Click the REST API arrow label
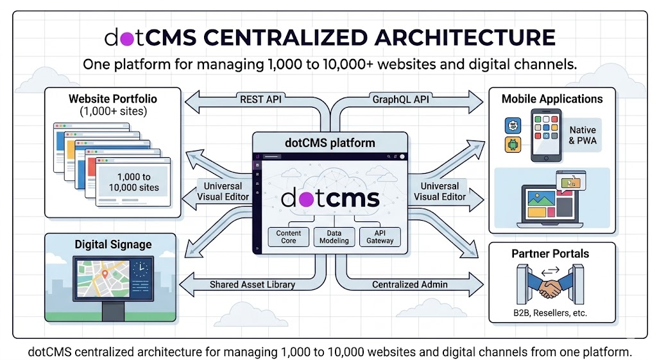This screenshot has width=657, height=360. click(x=260, y=99)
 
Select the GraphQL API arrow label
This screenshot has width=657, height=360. click(x=400, y=99)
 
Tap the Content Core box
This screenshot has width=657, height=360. click(x=288, y=237)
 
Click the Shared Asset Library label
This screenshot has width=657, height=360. click(x=252, y=284)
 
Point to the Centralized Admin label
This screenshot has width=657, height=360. click(x=410, y=284)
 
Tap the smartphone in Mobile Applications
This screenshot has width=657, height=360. click(x=547, y=135)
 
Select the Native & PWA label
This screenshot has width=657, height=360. click(x=582, y=135)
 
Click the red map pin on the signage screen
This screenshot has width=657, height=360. click(x=105, y=275)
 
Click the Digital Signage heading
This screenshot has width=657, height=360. click(x=113, y=244)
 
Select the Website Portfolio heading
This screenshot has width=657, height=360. click(x=113, y=99)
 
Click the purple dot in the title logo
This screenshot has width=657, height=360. click(x=126, y=38)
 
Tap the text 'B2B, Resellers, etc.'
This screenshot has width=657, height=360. click(x=551, y=314)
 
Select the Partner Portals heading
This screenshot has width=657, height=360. click(x=550, y=253)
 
